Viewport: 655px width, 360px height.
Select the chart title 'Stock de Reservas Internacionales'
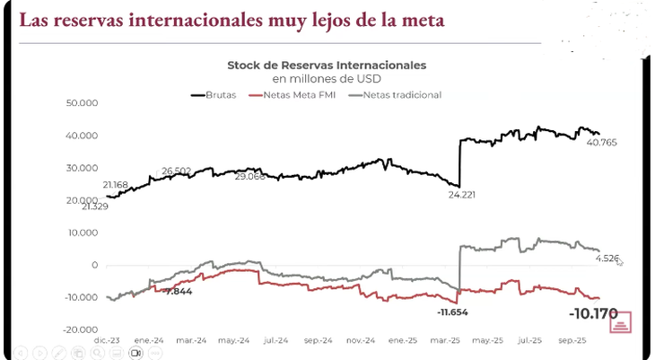327,66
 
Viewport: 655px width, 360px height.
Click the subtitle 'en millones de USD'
327,79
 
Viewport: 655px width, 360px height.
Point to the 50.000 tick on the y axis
82,103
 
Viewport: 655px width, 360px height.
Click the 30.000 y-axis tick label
82,168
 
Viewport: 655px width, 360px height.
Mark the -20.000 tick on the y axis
80,329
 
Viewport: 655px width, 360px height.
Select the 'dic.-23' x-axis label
108,341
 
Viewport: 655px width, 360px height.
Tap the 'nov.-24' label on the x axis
360,341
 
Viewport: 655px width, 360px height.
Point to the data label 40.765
602,142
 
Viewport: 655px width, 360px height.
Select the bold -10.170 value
594,314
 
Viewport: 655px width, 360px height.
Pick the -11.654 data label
453,312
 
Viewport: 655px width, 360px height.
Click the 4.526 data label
607,259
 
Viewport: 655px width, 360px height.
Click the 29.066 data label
250,178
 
